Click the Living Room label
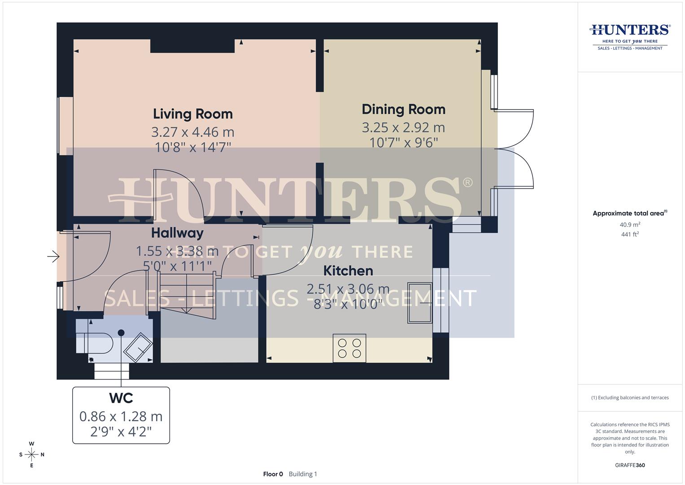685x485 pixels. pos(193,114)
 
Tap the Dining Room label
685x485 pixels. pos(403,110)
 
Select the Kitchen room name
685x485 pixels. pos(348,271)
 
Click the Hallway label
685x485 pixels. pos(177,233)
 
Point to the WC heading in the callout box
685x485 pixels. pos(121,398)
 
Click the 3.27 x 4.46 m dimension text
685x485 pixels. pos(193,132)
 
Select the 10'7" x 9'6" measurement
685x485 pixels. pos(403,142)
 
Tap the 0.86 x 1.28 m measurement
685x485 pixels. pos(121,416)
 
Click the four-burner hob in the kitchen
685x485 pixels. pos(349,348)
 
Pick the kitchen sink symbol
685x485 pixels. pos(420,303)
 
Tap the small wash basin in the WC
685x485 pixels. pos(139,347)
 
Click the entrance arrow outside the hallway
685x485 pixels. pos(53,256)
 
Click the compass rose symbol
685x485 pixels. pos(31,454)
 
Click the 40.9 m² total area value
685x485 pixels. pos(630,225)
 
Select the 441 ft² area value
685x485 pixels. pos(630,234)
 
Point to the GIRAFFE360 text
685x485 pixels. pos(630,465)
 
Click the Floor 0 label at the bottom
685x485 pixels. pos(273,474)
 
